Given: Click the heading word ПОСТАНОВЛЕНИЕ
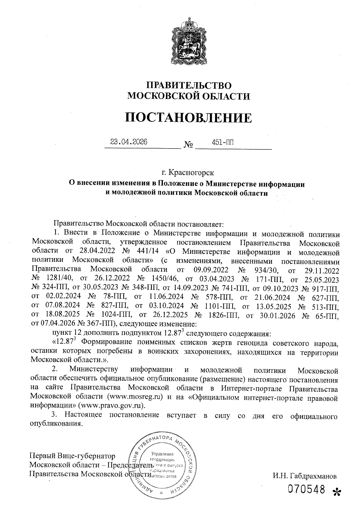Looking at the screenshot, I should [x=188, y=118].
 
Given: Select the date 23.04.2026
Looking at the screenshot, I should [x=129, y=142].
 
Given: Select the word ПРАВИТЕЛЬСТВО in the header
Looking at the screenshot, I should [x=188, y=85].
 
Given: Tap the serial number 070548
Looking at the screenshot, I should [x=306, y=490].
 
